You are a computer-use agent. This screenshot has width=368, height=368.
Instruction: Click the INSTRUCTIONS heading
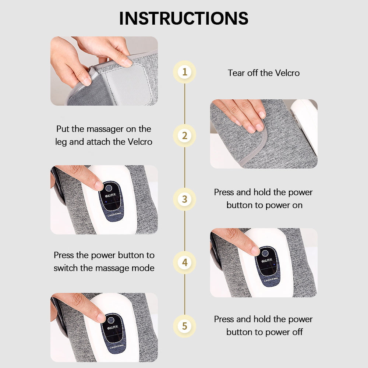(x=184, y=18)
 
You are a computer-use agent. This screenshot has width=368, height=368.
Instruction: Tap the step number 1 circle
(x=184, y=72)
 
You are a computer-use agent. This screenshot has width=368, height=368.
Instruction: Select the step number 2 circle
(x=184, y=135)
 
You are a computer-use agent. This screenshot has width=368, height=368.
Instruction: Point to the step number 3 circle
(x=184, y=199)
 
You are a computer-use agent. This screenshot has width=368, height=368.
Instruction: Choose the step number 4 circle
(x=184, y=263)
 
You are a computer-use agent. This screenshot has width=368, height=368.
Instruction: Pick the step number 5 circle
(x=184, y=326)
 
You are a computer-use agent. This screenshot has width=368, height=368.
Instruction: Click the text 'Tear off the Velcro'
(x=263, y=73)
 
